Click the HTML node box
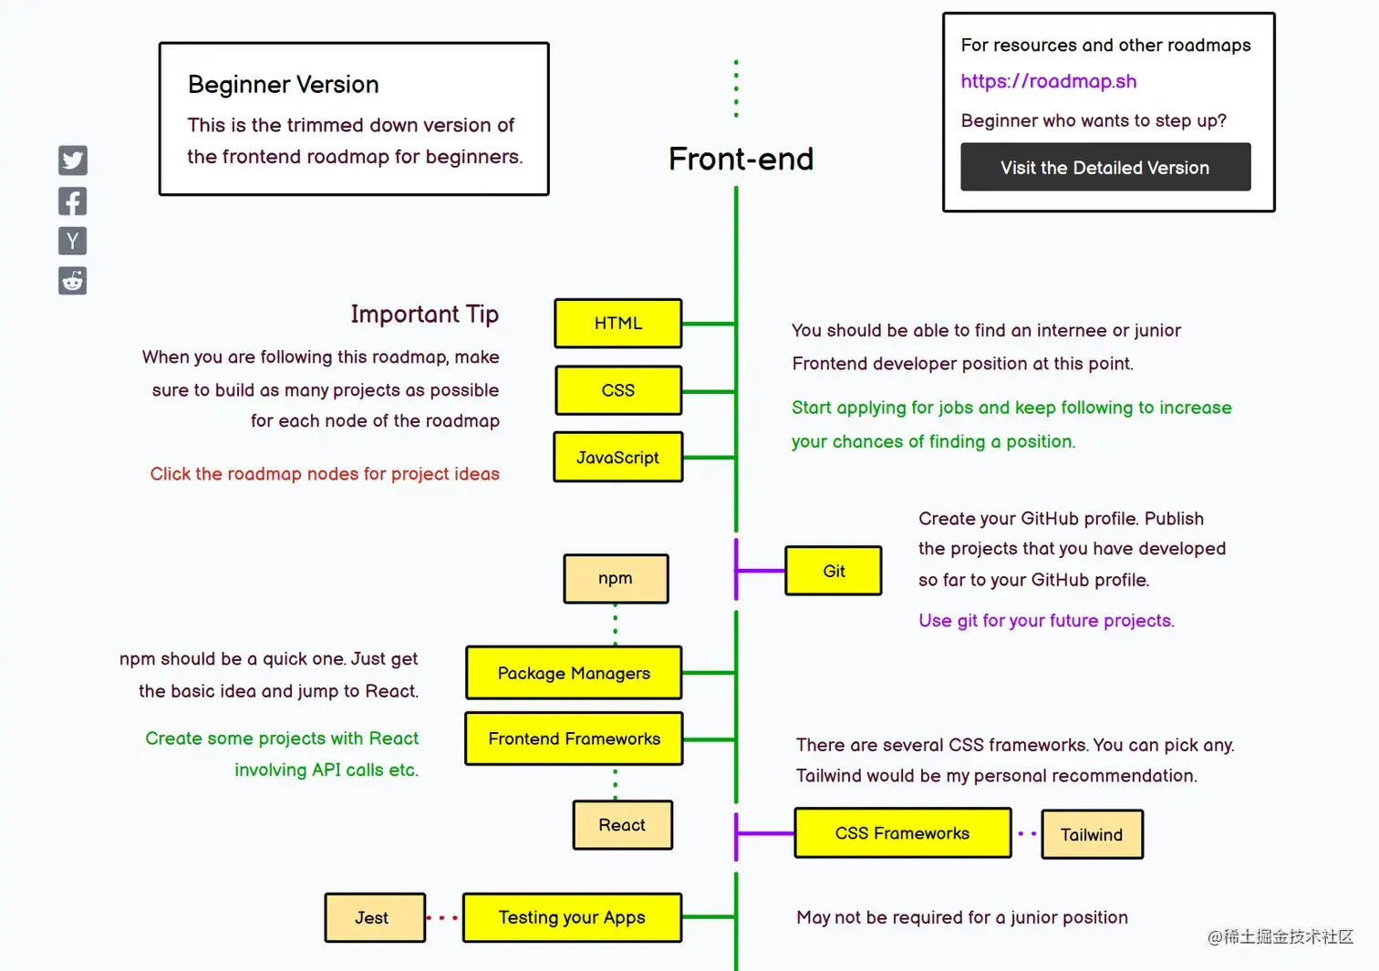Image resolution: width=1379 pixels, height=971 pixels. tap(618, 324)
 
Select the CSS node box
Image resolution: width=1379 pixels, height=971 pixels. tap(618, 390)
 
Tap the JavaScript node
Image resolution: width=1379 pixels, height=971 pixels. tap(618, 457)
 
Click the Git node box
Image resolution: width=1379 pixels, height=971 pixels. tap(834, 571)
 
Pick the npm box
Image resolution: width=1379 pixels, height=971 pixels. tap(616, 578)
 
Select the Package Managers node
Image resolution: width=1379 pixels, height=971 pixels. tap(574, 673)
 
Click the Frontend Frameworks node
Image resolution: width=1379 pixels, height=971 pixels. tap(574, 739)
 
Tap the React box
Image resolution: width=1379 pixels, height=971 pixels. tap(622, 825)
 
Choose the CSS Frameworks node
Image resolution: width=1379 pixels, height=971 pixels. tap(902, 833)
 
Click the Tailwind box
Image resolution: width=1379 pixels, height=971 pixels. tap(1092, 834)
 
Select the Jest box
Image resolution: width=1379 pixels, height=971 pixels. tap(374, 917)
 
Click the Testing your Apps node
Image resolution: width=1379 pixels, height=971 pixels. tap(572, 917)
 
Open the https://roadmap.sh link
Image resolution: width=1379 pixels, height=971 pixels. tap(1049, 81)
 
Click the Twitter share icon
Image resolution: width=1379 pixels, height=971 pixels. tap(73, 160)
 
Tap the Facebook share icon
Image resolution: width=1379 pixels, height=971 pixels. tap(73, 201)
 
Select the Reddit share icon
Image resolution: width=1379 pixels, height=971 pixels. tap(73, 281)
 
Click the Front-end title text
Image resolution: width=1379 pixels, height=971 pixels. tap(741, 160)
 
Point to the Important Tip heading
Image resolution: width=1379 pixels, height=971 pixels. tap(424, 315)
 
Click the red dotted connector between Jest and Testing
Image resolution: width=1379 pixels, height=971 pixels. tap(442, 917)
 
